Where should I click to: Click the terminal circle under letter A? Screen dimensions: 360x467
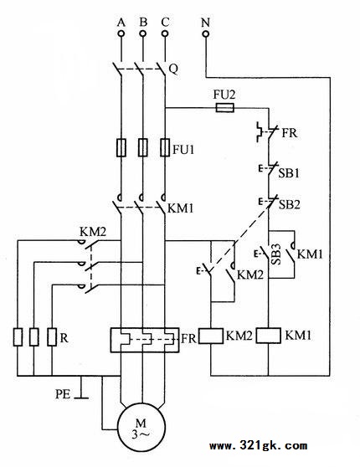[x=121, y=33]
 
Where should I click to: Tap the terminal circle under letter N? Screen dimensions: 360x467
[x=206, y=33]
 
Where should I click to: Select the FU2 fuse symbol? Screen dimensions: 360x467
[x=224, y=108]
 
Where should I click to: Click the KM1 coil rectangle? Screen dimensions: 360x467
[x=269, y=336]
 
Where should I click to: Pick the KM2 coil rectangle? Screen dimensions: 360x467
[x=211, y=336]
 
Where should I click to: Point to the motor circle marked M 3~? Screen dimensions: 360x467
[x=141, y=427]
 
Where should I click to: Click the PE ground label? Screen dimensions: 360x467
[x=63, y=394]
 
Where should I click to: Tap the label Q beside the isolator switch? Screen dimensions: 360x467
[x=173, y=69]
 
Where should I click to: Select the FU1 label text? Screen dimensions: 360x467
[x=183, y=149]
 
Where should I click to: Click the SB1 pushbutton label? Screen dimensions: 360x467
[x=289, y=173]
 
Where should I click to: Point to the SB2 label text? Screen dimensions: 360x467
[x=290, y=204]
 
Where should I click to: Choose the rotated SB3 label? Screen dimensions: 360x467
[x=276, y=254]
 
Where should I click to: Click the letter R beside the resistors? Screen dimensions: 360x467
[x=64, y=338]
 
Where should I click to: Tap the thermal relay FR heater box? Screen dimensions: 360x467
[x=145, y=341]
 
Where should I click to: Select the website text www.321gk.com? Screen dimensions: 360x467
[x=258, y=446]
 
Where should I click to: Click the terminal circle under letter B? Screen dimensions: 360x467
[x=143, y=33]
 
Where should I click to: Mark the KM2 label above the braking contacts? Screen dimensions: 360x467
[x=93, y=232]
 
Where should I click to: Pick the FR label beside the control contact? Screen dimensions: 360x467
[x=290, y=133]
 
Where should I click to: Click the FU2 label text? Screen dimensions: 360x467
[x=224, y=95]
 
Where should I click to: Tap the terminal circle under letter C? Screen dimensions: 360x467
[x=165, y=33]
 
